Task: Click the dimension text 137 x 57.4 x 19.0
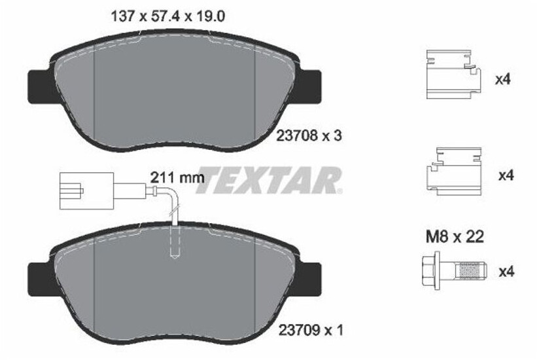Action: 168,16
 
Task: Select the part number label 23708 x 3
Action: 309,136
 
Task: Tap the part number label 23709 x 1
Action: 311,330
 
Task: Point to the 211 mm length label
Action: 177,177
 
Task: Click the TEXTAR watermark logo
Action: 269,181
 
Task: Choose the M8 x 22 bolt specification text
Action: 455,236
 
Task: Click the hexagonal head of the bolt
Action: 430,271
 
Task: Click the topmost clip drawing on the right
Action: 453,75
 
